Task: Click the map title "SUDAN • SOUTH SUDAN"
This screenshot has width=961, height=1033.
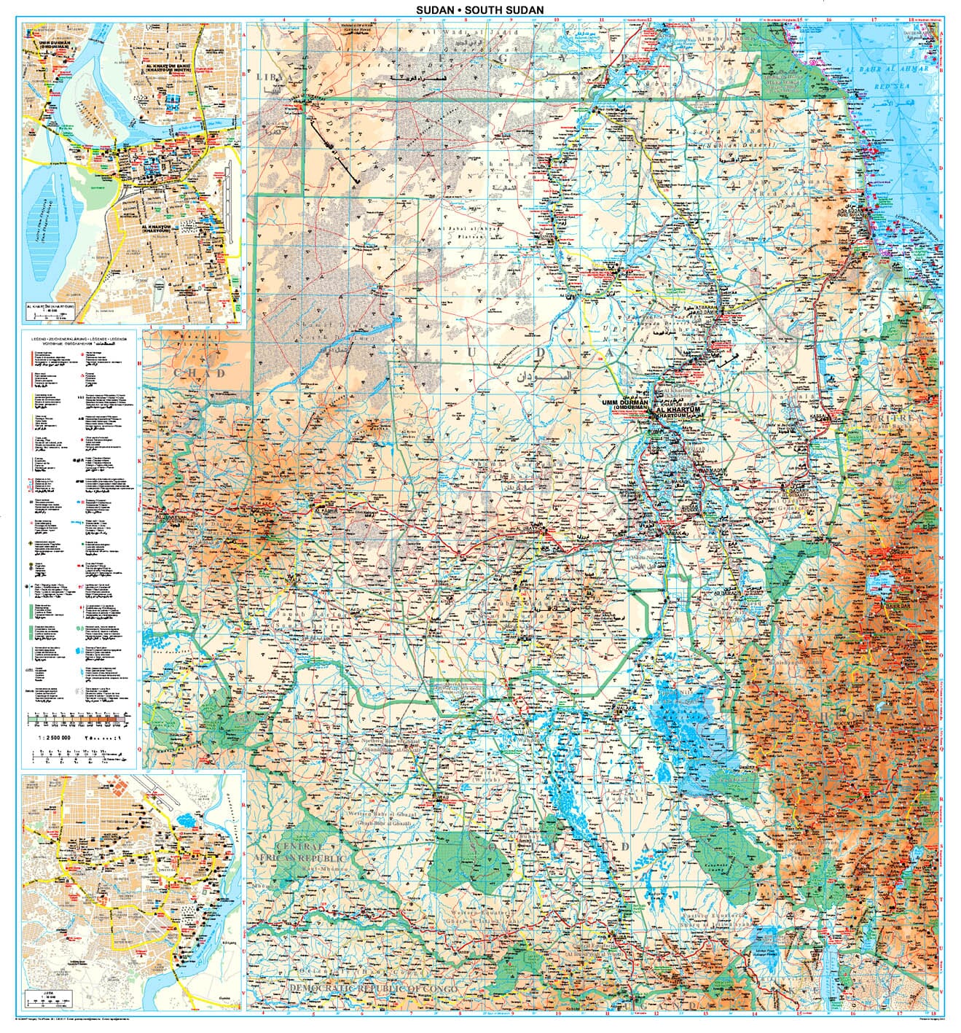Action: pos(480,9)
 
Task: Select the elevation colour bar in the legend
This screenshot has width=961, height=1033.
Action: pos(79,720)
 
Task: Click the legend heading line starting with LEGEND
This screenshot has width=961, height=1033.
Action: pos(79,340)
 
